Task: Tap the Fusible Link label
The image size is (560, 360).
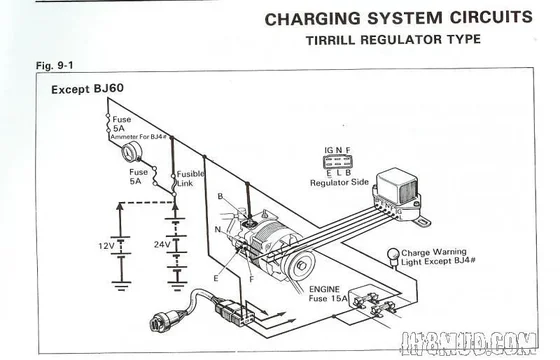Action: click(191, 178)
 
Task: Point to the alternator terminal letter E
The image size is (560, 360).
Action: click(214, 277)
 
